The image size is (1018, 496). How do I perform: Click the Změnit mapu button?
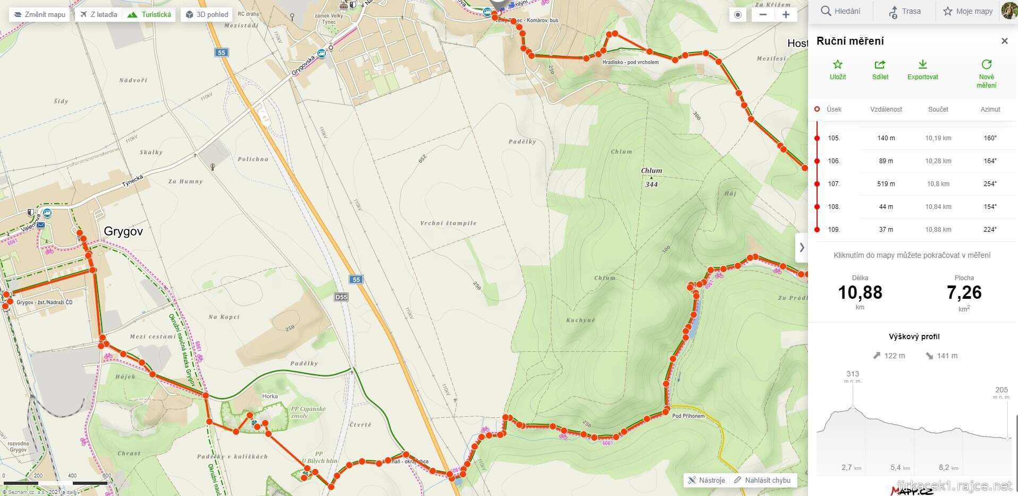click(39, 14)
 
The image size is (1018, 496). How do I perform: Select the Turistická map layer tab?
click(150, 14)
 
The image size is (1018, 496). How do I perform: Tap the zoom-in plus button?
click(786, 14)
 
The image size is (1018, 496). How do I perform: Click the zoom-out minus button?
click(763, 14)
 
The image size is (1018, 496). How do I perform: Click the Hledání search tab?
click(840, 11)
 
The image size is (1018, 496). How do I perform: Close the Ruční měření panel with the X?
click(1004, 41)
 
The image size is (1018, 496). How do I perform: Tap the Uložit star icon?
click(838, 65)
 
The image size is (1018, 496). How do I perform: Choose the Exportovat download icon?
click(922, 65)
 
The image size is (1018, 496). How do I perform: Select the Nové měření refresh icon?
click(986, 65)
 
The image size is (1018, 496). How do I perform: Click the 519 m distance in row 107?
click(886, 184)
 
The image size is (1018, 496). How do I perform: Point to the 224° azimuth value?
click(990, 230)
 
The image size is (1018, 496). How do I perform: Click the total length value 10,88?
click(860, 292)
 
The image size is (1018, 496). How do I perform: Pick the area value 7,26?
click(964, 292)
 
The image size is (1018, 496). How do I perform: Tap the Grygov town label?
click(123, 231)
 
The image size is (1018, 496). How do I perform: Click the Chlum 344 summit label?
click(651, 177)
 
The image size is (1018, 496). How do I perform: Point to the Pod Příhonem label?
click(688, 416)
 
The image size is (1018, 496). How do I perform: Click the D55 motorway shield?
click(341, 297)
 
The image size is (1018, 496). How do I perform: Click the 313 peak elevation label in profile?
click(853, 374)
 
